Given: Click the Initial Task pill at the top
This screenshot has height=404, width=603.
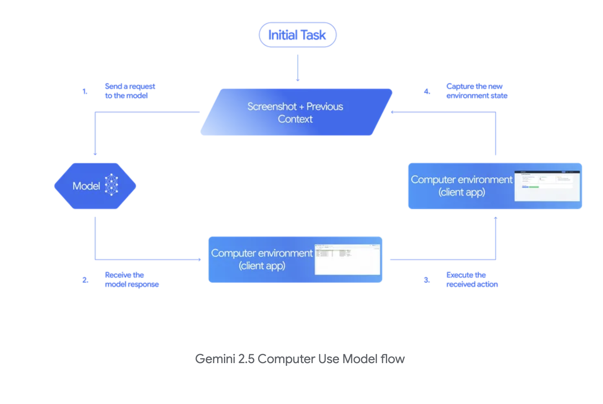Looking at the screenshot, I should coord(297,35).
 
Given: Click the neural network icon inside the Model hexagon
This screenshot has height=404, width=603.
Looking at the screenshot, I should coord(111,185).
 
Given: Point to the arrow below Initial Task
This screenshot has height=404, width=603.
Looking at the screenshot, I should coord(297,68).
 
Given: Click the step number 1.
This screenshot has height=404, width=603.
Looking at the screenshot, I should coord(85,91).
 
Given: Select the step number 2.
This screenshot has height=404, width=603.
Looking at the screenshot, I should coord(85,280).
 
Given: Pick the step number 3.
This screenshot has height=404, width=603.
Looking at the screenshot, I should coord(427,280).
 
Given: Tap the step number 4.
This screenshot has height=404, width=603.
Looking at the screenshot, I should coord(427,91).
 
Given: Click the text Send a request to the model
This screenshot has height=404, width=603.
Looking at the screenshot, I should coord(130,91).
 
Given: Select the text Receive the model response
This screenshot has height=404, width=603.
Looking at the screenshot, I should coord(132,279).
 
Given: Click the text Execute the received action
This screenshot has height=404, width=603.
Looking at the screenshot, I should coord(472,279).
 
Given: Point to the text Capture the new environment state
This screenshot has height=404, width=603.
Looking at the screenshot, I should coord(476,91).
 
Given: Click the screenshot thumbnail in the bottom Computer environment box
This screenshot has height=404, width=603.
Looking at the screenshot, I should coord(347,259).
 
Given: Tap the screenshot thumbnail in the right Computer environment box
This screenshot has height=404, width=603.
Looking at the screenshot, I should coord(547,186).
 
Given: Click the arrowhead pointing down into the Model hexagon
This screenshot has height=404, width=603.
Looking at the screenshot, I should coord(95,154).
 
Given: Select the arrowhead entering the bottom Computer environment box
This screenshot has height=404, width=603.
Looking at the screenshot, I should coord(199,260).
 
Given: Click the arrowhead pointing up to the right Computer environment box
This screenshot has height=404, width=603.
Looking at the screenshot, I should coord(495,218).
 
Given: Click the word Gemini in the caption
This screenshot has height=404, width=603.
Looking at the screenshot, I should coord(215,359).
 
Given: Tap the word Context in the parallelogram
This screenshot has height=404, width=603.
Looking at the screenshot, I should coord(295,119).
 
